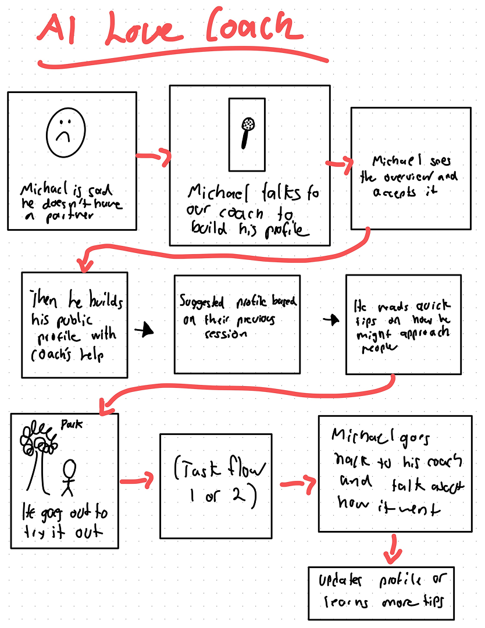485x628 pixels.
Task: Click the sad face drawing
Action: [65, 133]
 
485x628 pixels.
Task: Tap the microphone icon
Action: [247, 133]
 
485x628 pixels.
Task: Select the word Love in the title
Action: [142, 30]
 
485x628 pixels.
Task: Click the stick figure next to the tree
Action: [70, 477]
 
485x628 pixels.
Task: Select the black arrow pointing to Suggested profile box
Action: [145, 330]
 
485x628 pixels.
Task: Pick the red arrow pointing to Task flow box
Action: [138, 480]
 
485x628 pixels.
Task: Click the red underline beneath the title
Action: [180, 60]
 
